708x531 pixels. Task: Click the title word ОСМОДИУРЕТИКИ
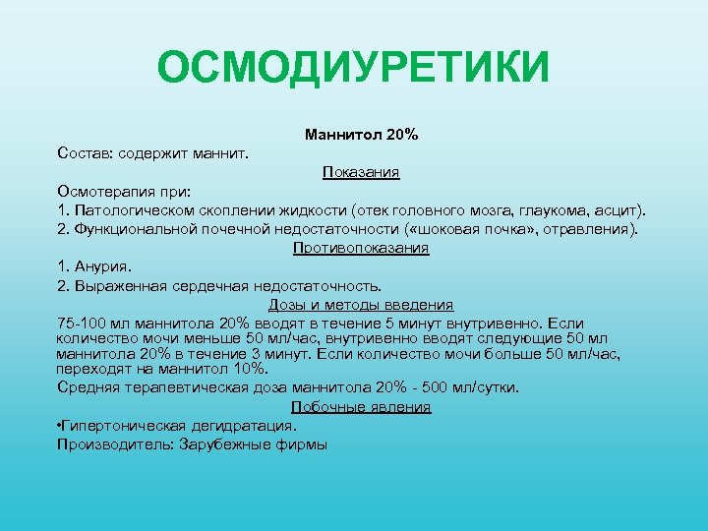[353, 70]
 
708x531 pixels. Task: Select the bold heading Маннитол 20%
[361, 134]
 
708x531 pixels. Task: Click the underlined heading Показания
[361, 172]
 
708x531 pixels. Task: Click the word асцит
[618, 210]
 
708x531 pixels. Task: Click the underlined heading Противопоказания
[361, 248]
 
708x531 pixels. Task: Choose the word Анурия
[101, 266]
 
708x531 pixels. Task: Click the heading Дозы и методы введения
[361, 305]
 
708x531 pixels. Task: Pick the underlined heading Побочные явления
[361, 407]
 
